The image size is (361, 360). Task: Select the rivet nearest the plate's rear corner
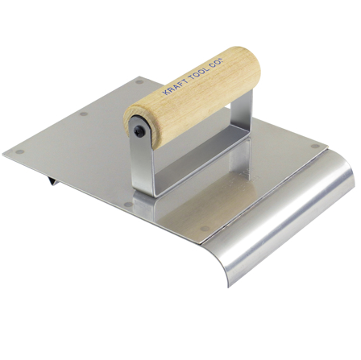(x=139, y=81)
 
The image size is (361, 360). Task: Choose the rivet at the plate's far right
(x=313, y=147)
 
